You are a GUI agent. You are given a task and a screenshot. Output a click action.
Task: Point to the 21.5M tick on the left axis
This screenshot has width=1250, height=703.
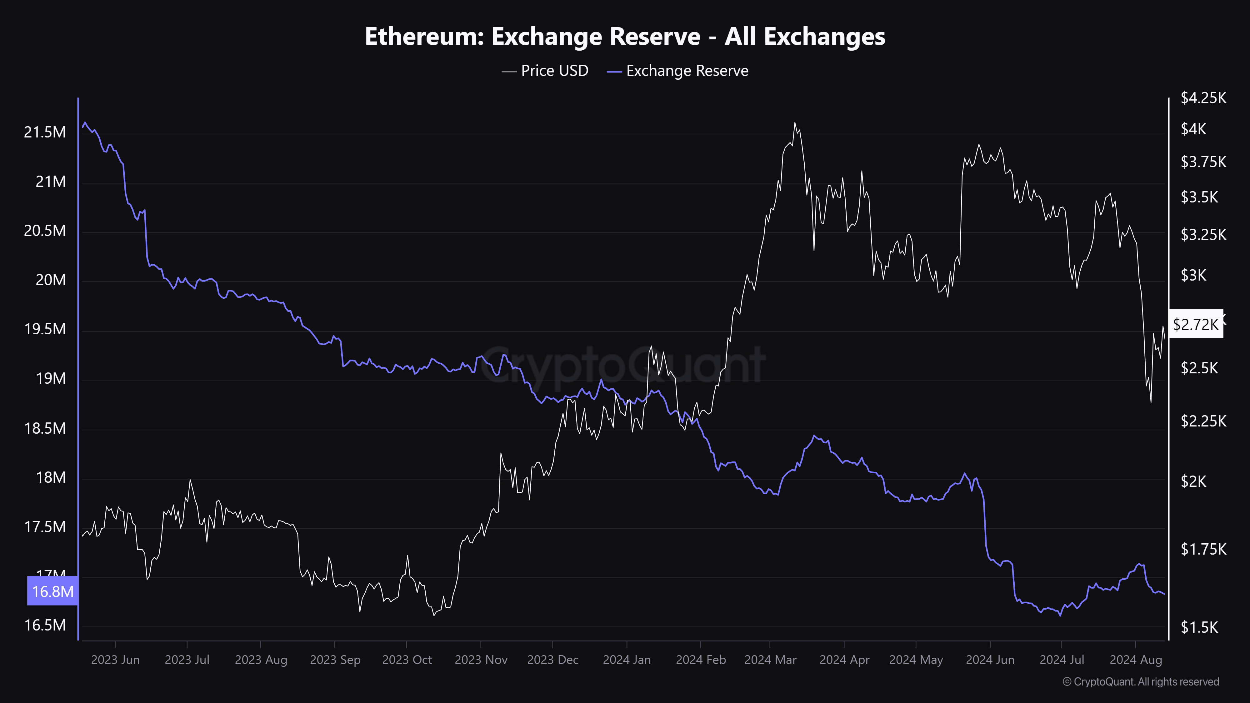pyautogui.click(x=45, y=132)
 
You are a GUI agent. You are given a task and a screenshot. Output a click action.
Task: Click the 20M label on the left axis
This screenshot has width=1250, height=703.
pyautogui.click(x=50, y=280)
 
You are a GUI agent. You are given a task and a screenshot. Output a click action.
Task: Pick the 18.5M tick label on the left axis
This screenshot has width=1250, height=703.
pyautogui.click(x=45, y=428)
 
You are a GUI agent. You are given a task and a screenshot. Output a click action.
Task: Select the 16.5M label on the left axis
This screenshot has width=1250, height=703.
pyautogui.click(x=45, y=625)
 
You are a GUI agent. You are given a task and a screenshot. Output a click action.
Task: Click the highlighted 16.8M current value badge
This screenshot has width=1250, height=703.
pyautogui.click(x=52, y=591)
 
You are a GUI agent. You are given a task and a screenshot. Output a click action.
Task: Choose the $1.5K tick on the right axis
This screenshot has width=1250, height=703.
pyautogui.click(x=1199, y=627)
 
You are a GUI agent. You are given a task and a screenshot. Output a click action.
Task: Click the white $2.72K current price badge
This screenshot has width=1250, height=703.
pyautogui.click(x=1195, y=324)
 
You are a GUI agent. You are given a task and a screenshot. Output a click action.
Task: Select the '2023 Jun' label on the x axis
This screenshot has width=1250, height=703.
pyautogui.click(x=115, y=660)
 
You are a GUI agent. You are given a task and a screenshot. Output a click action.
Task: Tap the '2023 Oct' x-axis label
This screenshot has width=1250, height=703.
pyautogui.click(x=407, y=660)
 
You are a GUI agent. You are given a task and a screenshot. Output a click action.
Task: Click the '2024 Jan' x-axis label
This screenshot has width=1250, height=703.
pyautogui.click(x=627, y=660)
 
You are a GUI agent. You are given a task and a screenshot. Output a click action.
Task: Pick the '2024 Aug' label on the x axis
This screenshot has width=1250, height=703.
pyautogui.click(x=1136, y=660)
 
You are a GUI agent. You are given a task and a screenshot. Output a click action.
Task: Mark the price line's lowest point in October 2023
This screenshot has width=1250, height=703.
pyautogui.click(x=434, y=616)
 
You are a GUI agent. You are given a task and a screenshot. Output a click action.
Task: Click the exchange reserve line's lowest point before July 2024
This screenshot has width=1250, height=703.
pyautogui.click(x=1060, y=616)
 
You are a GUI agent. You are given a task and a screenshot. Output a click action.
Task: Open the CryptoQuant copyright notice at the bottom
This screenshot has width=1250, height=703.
pyautogui.click(x=1140, y=682)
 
